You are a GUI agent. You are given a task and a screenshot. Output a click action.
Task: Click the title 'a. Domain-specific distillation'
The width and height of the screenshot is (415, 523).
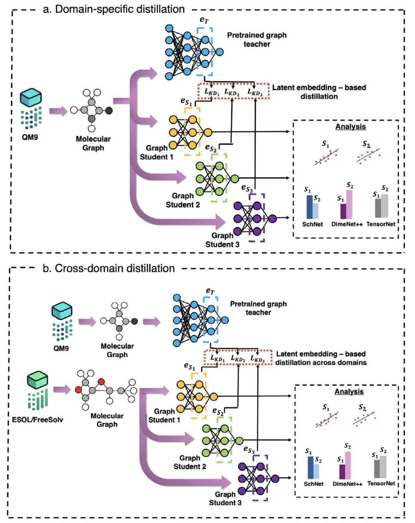(x=114, y=9)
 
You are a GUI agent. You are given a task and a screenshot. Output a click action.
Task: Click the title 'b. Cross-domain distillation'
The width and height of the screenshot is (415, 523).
(x=109, y=268)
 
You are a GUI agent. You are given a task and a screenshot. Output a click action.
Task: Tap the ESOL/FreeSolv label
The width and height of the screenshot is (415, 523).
(x=37, y=420)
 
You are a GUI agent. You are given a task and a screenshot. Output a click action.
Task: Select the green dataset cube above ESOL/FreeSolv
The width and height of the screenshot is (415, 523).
(x=38, y=380)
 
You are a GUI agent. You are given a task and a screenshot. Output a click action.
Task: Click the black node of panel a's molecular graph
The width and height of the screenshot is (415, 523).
(x=109, y=111)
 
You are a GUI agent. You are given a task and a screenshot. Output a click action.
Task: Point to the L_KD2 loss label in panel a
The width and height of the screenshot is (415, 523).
(x=232, y=92)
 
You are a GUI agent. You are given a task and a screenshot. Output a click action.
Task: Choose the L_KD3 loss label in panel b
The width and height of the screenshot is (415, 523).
(x=257, y=359)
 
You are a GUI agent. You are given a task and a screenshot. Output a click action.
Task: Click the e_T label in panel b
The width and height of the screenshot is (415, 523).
(x=210, y=291)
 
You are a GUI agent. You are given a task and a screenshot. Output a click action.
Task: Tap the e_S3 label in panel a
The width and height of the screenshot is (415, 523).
(x=247, y=188)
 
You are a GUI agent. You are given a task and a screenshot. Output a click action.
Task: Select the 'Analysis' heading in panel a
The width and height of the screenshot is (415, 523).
(x=350, y=127)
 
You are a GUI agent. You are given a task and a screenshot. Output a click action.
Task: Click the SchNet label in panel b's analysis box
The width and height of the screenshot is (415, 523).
(x=314, y=484)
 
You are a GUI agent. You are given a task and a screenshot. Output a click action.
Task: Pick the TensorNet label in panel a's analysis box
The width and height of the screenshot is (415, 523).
(x=380, y=224)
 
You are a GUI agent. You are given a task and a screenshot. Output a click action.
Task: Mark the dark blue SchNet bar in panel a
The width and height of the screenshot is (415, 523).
(x=309, y=207)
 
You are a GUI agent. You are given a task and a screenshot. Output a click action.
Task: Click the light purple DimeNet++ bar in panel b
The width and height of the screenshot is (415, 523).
(x=348, y=465)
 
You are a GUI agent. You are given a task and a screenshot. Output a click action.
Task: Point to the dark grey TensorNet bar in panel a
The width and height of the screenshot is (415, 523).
(x=378, y=208)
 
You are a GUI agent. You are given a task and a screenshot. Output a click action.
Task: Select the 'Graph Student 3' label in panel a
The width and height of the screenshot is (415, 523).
(x=222, y=240)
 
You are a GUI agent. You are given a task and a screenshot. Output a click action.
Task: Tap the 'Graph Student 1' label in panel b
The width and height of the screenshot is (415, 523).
(x=164, y=416)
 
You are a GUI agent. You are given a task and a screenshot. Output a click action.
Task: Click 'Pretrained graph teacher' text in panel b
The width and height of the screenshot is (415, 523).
(x=258, y=308)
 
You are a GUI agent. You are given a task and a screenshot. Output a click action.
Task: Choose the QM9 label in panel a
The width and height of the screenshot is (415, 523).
(x=30, y=137)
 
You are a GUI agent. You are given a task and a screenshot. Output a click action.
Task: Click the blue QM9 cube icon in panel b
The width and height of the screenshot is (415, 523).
(x=62, y=311)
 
